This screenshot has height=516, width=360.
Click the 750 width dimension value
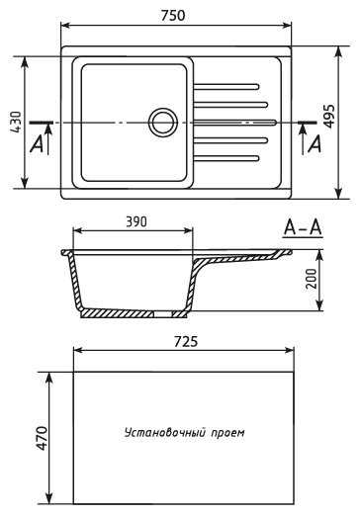click(173, 16)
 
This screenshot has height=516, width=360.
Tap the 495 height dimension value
click(328, 116)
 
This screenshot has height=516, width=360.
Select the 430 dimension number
click(15, 123)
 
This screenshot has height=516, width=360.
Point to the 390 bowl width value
click(136, 222)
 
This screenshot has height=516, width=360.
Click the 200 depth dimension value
click(311, 279)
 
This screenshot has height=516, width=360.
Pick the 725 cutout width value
click(186, 342)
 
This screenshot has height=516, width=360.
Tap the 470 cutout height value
click(42, 438)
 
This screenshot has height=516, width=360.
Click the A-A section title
click(303, 227)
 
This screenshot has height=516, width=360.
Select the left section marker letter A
click(37, 144)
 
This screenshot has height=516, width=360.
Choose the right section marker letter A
click(315, 144)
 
